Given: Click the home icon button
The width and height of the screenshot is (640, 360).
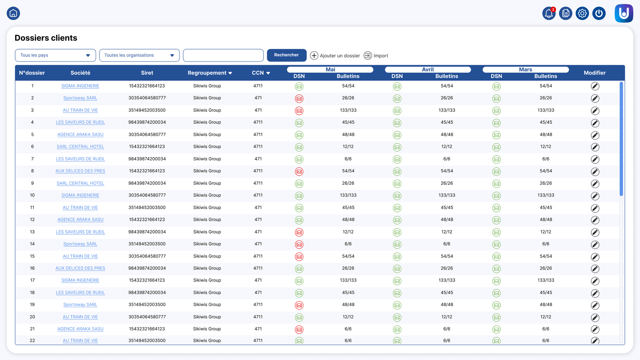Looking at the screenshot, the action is pos(13,13).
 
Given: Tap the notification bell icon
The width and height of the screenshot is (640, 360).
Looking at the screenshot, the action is pos(548,13).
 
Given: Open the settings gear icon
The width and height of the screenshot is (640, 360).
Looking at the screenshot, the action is pos(582,13).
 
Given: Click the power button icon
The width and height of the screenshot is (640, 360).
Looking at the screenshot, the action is pos(599,13).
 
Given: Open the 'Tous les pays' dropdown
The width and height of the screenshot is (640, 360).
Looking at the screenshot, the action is pos(56,55).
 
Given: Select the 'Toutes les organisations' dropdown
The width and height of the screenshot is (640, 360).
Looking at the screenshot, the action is pos(140,55).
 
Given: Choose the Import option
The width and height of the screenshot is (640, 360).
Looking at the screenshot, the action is pos(376,56).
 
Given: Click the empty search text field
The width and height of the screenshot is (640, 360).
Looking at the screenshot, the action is pos(223,55).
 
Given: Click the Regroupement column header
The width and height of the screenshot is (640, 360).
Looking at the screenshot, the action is pos(210,73).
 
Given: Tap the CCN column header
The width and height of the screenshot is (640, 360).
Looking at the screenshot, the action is pos(261,73).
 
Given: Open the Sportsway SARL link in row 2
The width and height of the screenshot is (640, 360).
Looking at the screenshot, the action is pos(80,98).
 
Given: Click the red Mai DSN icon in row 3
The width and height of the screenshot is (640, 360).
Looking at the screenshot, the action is pos(299,110).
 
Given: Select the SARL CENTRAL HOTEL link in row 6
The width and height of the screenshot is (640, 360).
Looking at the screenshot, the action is pos(80,146).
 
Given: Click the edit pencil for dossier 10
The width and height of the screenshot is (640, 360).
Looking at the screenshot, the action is pos(595,196).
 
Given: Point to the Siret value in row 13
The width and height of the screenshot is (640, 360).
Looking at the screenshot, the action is pos(147,232).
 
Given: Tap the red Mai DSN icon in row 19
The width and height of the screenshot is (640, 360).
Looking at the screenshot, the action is pos(299,305).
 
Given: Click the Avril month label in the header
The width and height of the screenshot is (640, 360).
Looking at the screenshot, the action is pos(428,70).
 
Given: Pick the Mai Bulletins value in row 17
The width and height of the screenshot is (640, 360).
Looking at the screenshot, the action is pos(348,280).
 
